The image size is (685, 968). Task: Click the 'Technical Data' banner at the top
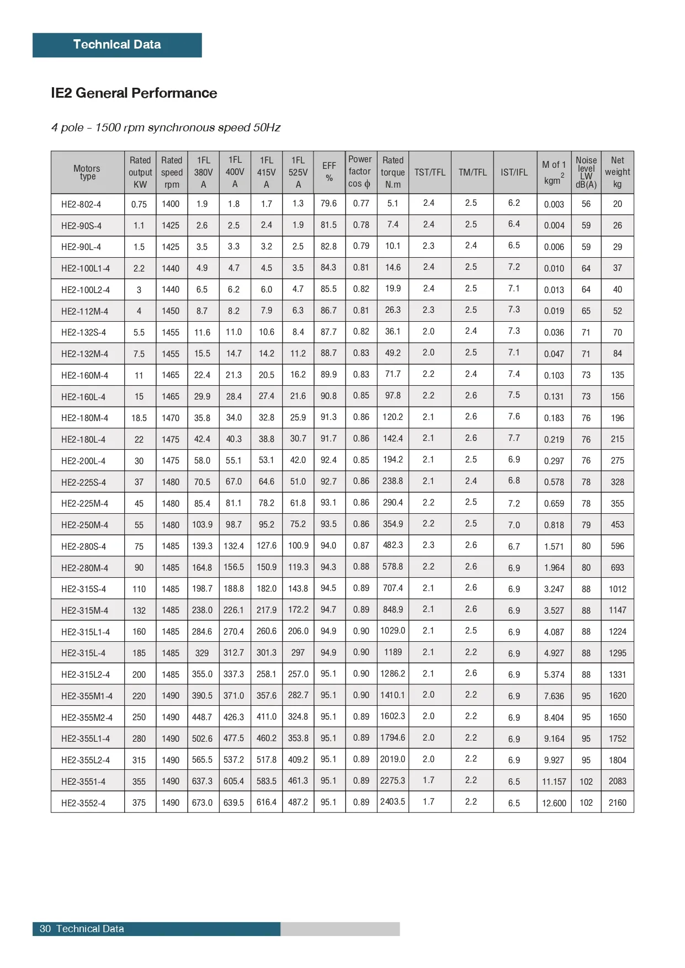[x=117, y=45]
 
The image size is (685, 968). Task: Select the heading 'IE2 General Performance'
[x=134, y=93]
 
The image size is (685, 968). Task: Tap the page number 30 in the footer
[x=45, y=929]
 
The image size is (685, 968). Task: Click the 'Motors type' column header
[x=87, y=172]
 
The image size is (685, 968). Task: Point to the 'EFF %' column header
[x=329, y=172]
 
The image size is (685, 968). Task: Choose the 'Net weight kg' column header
[x=617, y=172]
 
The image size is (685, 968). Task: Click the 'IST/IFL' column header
[x=514, y=172]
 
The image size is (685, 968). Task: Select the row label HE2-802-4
[x=81, y=204]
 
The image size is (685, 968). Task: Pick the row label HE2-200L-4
[x=83, y=461]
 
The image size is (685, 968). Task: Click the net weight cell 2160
[x=617, y=802]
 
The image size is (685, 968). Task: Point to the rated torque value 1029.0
[x=392, y=631]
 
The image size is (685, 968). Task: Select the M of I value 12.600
[x=554, y=803]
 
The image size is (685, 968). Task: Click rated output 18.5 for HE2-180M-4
[x=139, y=418]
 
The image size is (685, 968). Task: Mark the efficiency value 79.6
[x=328, y=204]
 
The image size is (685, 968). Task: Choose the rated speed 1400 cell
[x=171, y=204]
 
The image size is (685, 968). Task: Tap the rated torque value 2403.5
[x=392, y=802]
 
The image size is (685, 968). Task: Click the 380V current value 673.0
[x=202, y=802]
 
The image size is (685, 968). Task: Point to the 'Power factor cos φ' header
[x=360, y=172]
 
